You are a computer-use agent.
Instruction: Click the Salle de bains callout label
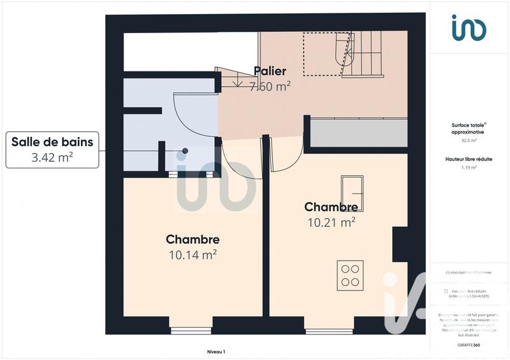pos(52,149)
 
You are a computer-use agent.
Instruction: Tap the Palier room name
pos(270,71)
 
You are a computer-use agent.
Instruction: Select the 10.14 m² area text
pos(193,255)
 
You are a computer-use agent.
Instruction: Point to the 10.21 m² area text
pos(330,222)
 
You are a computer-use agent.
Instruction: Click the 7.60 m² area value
pos(270,87)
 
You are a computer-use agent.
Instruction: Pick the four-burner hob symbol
pos(350,274)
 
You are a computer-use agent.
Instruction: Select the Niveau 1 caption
pos(216,351)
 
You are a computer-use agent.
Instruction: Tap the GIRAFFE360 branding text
pos(469,345)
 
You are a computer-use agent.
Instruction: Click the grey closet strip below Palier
pos(358,133)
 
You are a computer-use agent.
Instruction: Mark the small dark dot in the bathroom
pos(186,150)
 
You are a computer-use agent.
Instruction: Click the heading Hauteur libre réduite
pos(469,159)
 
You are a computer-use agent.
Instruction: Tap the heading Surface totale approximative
pos(469,128)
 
